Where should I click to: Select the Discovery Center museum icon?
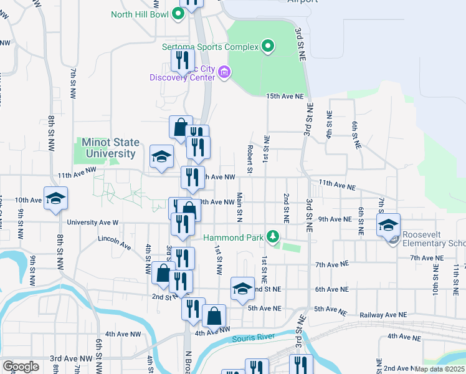[225, 74]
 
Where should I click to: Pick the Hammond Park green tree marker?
[272, 237]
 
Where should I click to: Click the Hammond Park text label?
[234, 237]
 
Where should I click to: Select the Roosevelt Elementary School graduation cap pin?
[388, 226]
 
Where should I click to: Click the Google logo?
[21, 367]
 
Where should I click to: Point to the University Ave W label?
[92, 222]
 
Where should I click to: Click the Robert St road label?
[249, 159]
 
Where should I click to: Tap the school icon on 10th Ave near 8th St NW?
[55, 199]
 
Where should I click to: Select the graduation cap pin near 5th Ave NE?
[242, 289]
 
